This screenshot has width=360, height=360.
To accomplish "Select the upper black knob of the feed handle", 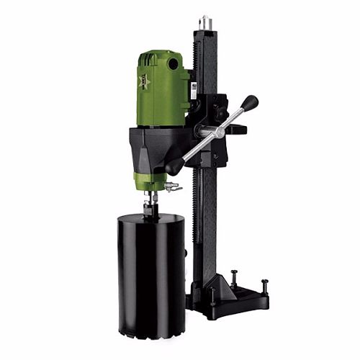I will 250,103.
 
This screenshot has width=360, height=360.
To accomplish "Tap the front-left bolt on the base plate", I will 212,295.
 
